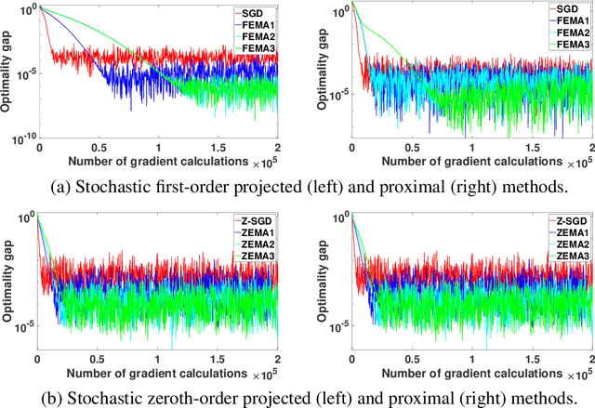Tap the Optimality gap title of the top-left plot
[x=7, y=72]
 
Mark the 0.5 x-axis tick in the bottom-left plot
[x=98, y=358]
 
